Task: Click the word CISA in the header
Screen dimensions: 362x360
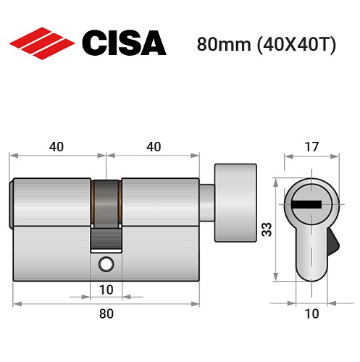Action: coord(123,43)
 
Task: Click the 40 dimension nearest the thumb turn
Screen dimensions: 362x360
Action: coord(154,147)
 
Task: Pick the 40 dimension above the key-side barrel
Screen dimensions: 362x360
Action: coord(57,147)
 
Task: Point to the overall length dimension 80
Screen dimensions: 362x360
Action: coord(106,313)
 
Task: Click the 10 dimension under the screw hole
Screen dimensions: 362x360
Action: coord(106,290)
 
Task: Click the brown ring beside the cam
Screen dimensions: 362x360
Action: coord(93,202)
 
